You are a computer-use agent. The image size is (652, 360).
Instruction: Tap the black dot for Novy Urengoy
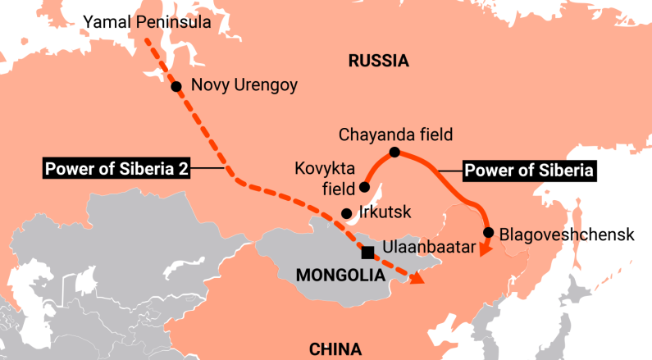coord(176,85)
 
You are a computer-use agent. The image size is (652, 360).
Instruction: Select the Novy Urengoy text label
coord(244,85)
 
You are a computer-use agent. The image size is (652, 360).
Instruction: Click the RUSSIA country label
coord(378,60)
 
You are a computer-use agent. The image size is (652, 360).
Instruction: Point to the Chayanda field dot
coord(394,153)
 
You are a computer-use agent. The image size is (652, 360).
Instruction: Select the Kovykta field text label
coord(325,180)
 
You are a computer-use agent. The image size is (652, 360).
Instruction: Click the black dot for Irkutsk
coord(346,213)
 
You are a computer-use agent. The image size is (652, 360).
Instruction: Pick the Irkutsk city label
coord(385,213)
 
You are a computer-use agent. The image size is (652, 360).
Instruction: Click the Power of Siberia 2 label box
coord(116,169)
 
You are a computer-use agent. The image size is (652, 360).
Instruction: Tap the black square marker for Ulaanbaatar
coord(367,252)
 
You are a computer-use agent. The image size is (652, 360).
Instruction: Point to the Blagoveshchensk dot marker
coord(489,233)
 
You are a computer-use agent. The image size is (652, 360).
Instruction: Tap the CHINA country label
coord(335,349)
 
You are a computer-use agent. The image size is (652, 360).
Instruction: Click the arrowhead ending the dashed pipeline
coord(417,279)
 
